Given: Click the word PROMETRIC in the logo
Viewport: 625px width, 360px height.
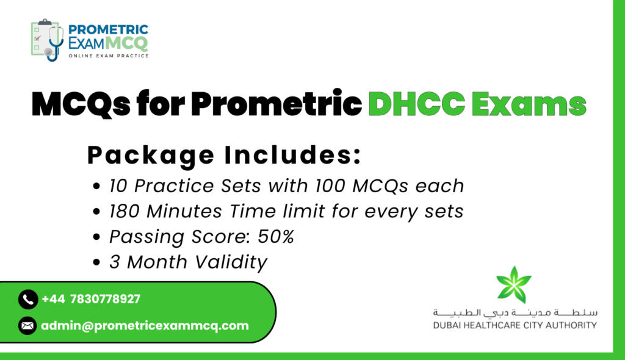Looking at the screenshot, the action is tap(108, 30).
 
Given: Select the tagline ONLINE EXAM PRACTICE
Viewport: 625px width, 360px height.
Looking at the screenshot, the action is tap(109, 56).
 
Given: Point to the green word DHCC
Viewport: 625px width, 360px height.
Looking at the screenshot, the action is tap(416, 104).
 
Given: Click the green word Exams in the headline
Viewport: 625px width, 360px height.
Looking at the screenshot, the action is tap(529, 104).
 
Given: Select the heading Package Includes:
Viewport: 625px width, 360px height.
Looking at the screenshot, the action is tap(224, 155).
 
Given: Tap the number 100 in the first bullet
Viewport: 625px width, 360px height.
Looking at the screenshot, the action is tap(330, 185).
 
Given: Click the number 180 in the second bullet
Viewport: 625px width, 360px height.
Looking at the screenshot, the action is tap(125, 211).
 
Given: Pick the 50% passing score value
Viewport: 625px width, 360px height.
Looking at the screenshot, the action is tap(276, 236).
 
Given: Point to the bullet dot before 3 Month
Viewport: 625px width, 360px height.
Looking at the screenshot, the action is tap(96, 262).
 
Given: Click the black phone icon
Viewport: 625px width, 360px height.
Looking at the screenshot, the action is tap(28, 299).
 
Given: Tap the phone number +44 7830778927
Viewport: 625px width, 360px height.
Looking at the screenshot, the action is tap(91, 299).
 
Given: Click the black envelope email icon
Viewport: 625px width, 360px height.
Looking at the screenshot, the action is tap(27, 326).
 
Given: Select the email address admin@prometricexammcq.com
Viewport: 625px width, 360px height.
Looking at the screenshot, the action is tap(145, 326).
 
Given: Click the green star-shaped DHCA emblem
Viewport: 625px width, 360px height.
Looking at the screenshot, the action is tap(514, 285).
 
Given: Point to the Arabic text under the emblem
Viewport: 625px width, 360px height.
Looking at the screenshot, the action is tap(515, 312).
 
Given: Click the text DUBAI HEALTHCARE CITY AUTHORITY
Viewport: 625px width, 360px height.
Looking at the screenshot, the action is tap(515, 325).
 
